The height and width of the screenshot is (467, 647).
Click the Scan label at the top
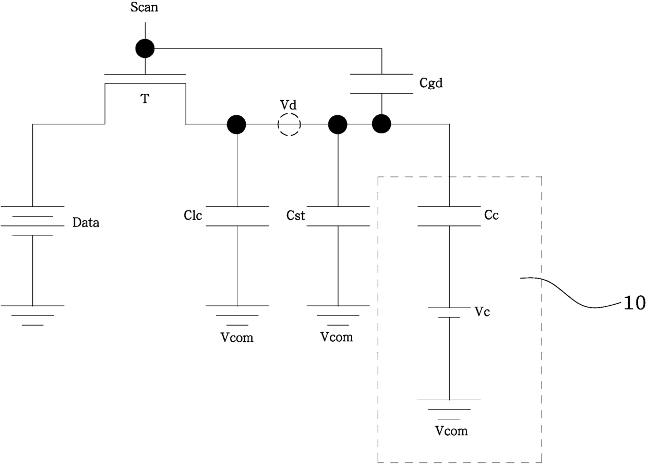tap(144, 7)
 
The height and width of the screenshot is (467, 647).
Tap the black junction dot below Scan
tap(145, 49)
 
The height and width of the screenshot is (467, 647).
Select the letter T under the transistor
tap(145, 99)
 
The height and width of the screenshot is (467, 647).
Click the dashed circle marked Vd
tap(289, 125)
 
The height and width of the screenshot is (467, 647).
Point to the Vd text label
tap(288, 105)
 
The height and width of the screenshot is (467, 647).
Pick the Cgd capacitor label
tap(431, 83)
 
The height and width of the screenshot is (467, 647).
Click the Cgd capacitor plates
tap(381, 84)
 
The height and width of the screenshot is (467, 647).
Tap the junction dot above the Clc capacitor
tap(236, 125)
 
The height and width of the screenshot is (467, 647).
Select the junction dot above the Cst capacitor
tap(338, 125)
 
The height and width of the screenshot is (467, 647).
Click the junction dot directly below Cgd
tap(381, 124)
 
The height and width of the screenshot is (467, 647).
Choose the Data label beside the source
tap(86, 222)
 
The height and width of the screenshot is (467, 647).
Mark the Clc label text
tap(193, 215)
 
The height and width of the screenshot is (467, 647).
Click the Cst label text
tap(295, 215)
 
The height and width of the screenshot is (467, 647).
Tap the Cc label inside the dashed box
tap(492, 215)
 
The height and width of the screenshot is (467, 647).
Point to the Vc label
tap(482, 312)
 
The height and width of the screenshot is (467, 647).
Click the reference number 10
tap(634, 303)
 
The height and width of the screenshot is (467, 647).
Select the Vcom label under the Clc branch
tap(237, 337)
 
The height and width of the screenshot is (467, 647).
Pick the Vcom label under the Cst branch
tap(337, 337)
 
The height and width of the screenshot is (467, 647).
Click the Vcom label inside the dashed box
tap(451, 431)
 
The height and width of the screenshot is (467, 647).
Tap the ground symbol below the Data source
tap(33, 315)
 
